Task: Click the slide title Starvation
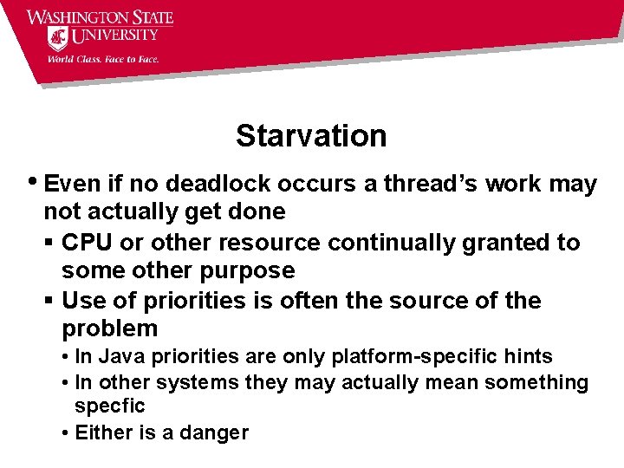coord(311,136)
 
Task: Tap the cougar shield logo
coord(58,38)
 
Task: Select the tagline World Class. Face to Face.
coord(102,60)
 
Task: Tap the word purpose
coord(250,270)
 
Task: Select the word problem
coord(110,328)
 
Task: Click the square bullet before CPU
coord(49,244)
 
